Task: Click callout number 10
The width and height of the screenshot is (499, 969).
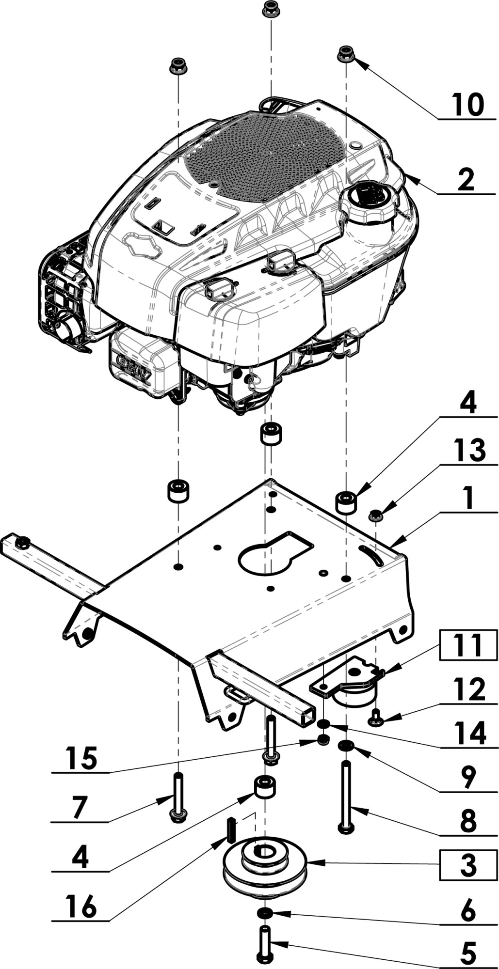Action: [x=467, y=104]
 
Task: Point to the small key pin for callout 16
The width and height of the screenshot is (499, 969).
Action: [x=231, y=830]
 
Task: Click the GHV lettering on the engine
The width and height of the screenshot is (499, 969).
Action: [x=134, y=363]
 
